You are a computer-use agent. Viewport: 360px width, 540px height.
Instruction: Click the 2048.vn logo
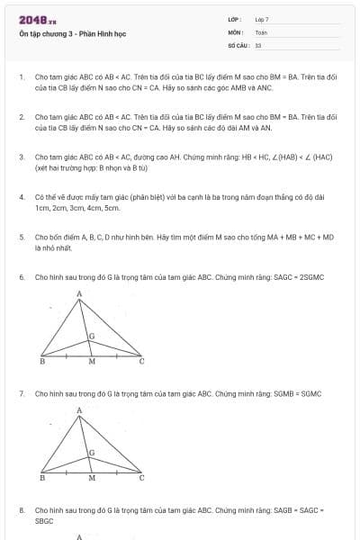(x=38, y=20)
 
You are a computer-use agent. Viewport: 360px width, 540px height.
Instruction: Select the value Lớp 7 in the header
(x=262, y=19)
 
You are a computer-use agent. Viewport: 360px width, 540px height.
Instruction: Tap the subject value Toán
(x=261, y=31)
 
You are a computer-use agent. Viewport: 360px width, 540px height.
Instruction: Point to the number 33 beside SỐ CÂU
(x=258, y=44)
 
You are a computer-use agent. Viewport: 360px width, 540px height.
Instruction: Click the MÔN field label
(x=235, y=31)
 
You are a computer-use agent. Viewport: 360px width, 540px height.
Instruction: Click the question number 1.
(x=21, y=77)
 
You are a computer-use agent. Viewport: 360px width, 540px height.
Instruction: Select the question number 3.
(x=21, y=157)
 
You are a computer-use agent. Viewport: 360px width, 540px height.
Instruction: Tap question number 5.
(x=21, y=237)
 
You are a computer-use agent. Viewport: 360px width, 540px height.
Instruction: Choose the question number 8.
(x=21, y=509)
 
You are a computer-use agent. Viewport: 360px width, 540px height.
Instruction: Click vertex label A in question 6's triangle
(x=79, y=293)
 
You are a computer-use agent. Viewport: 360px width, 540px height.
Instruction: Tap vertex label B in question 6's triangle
(x=42, y=361)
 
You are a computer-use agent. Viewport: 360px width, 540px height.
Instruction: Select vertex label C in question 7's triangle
(x=140, y=478)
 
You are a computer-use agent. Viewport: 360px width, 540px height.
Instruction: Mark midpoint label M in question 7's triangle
(x=91, y=479)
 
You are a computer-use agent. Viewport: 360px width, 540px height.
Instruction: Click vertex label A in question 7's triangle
(x=79, y=410)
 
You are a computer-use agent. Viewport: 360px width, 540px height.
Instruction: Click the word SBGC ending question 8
(x=44, y=521)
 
